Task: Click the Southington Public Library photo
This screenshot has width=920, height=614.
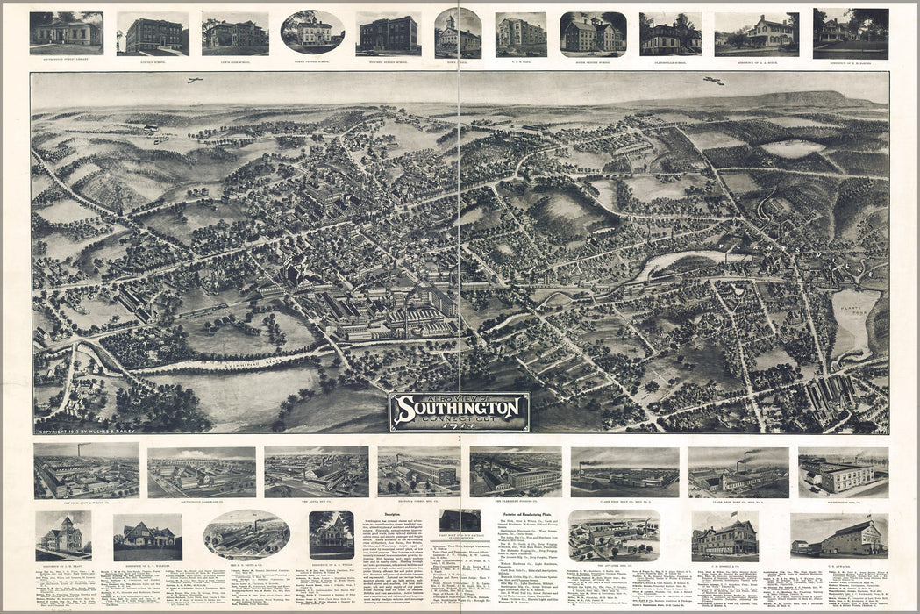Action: coord(66,32)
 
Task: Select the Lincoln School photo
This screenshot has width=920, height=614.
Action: coord(153,34)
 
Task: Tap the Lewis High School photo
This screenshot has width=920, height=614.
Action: coord(234,33)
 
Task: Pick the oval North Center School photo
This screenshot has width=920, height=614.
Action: coord(312,32)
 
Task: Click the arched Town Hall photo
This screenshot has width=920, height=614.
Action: coord(458,33)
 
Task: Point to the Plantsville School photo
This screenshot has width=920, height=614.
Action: coord(670,33)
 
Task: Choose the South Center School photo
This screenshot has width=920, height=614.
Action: coord(593,33)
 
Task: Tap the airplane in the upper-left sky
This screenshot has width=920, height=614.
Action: coord(195,80)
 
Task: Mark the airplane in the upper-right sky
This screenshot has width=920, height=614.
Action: coord(713,81)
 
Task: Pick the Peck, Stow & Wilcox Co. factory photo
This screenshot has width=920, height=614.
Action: coord(86,471)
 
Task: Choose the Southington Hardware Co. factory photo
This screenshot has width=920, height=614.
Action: coord(201,472)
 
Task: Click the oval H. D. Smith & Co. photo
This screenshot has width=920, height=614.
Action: coord(246,534)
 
